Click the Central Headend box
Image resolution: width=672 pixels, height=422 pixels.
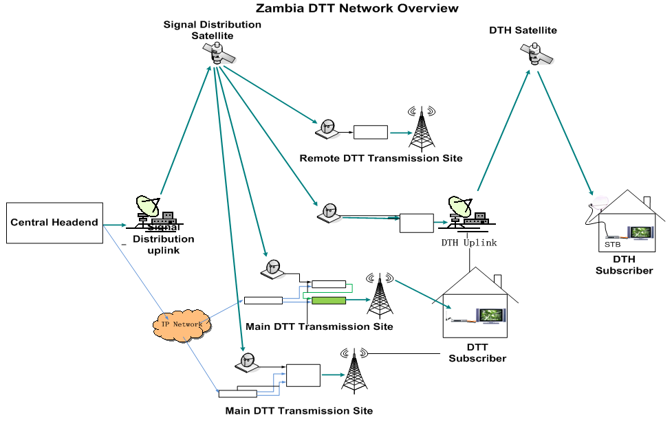point(54,223)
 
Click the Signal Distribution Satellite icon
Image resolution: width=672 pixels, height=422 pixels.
point(219,54)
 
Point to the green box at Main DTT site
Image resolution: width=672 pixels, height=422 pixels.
point(328,300)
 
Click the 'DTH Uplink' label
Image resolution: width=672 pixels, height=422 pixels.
point(469,243)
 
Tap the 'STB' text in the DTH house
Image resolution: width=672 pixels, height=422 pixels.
point(612,244)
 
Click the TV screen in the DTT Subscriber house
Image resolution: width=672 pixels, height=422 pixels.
point(491,315)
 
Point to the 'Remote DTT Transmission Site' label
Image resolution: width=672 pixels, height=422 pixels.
point(380,159)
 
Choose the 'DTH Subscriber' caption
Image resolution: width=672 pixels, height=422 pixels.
point(623,265)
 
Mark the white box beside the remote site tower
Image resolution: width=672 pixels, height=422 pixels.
point(371,132)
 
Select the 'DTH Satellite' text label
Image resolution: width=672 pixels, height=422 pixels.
point(523,30)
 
